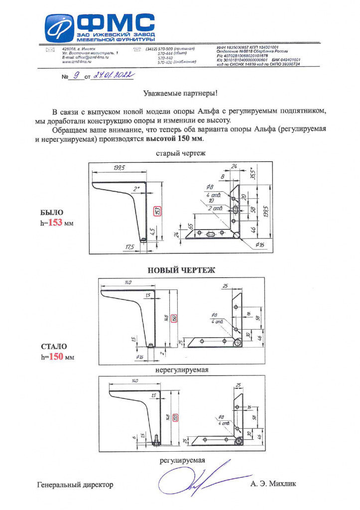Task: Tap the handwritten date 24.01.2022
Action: tap(114, 75)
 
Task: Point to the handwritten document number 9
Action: tap(76, 75)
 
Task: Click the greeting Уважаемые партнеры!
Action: tap(180, 93)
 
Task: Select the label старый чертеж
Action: tap(180, 153)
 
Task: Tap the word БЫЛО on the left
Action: tap(52, 213)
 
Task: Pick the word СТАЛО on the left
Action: tap(53, 347)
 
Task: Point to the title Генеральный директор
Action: tap(75, 485)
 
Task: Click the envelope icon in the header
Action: tap(50, 49)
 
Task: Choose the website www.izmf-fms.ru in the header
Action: tap(76, 62)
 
